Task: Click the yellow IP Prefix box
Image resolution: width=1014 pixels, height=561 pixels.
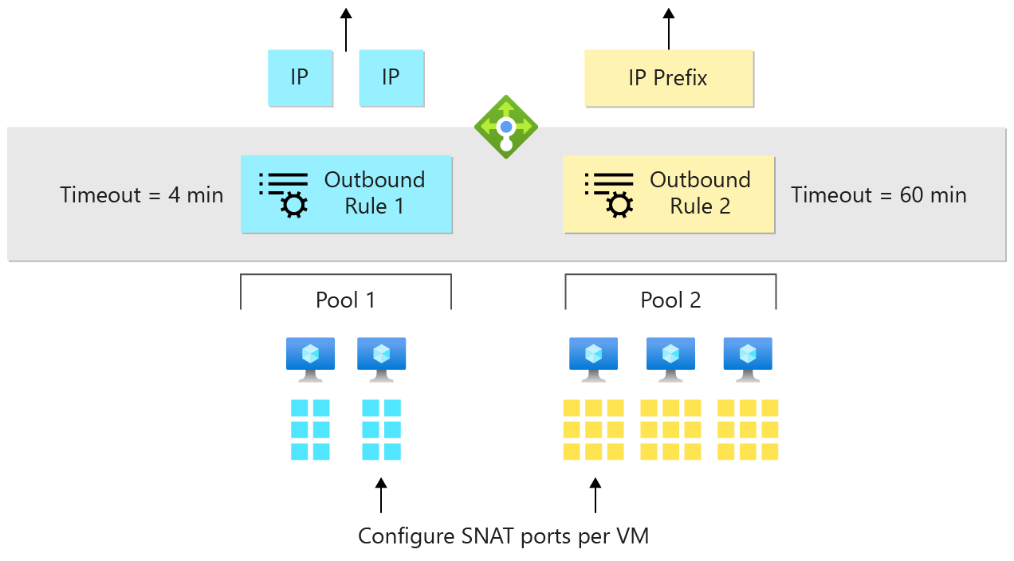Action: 668,78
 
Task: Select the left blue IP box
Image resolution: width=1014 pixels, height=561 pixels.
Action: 300,78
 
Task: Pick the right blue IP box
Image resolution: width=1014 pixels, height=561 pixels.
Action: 391,78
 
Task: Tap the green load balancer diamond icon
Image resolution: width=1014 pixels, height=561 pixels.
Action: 506,127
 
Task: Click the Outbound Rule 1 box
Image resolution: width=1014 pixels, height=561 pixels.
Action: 346,194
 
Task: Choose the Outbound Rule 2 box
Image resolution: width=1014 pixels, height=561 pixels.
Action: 668,194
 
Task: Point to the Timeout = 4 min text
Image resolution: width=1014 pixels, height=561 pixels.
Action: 142,195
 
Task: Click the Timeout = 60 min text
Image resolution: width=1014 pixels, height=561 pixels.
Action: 878,195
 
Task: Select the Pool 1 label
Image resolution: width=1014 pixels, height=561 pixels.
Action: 345,300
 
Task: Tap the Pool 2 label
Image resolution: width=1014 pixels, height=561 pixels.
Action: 670,300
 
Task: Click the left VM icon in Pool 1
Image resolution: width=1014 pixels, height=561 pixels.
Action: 310,358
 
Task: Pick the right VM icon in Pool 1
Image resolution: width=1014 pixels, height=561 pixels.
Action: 381,358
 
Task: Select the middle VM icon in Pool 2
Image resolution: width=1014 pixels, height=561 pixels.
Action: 670,358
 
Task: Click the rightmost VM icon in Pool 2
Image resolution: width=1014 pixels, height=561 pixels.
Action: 747,358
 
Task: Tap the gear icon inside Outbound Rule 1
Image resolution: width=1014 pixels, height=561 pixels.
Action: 294,206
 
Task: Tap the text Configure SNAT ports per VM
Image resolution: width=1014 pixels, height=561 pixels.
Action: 503,536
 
